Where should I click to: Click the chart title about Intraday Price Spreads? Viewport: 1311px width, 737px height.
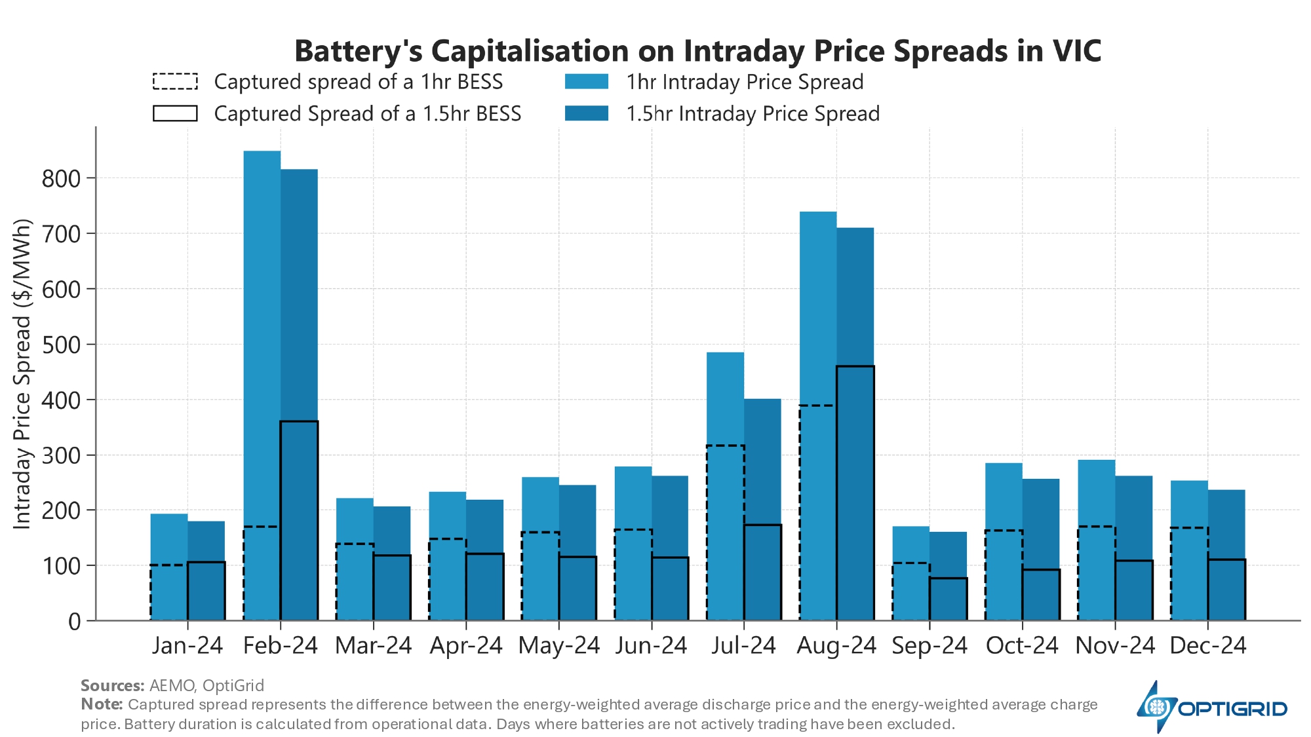coord(697,51)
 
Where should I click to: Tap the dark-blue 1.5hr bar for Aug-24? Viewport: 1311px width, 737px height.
coord(855,295)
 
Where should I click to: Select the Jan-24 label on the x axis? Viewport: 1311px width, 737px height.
coord(187,646)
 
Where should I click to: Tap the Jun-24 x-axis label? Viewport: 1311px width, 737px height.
coord(651,646)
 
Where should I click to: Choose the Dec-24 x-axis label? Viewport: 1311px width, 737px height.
coord(1207,646)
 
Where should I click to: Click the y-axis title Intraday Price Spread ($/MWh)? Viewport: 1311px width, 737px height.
coord(22,373)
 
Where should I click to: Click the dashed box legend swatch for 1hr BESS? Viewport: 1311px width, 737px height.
coord(175,82)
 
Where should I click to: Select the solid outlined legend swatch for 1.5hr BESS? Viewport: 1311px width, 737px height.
coord(175,114)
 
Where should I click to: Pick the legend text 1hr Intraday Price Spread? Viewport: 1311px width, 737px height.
coord(745,82)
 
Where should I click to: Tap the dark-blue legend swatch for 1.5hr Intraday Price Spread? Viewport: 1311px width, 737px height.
coord(587,114)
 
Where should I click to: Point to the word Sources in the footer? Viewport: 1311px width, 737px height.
coord(112,686)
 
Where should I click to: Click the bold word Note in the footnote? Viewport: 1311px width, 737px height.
coord(102,705)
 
